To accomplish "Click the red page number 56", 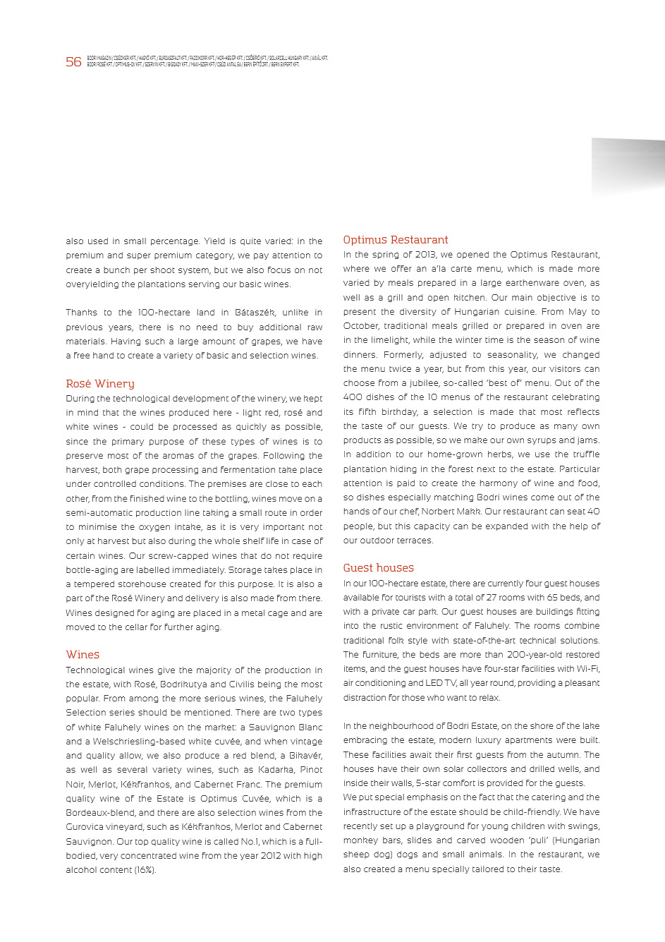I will [73, 62].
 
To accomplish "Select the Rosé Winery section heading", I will [99, 384].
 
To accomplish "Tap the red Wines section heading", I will [83, 655].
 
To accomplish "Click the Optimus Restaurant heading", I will [395, 240].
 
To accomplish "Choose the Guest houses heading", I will [378, 568].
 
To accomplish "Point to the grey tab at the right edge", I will [628, 167].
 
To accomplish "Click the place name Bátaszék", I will [255, 313].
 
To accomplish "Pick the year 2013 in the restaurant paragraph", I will [425, 255].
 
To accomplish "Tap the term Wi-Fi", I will [587, 669].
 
